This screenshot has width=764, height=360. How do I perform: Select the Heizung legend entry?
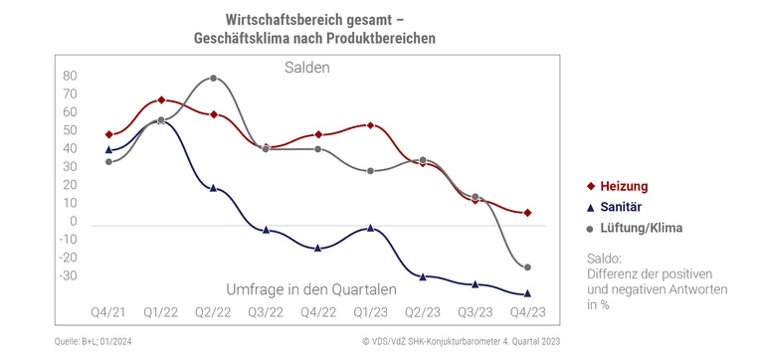(624, 186)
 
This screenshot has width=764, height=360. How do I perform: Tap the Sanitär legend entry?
(622, 207)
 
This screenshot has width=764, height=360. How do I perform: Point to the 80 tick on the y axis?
(42, 76)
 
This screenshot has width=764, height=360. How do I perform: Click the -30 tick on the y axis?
(40, 275)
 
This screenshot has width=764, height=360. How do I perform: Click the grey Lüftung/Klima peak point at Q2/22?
(213, 78)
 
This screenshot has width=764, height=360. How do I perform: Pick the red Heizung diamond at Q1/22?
(161, 100)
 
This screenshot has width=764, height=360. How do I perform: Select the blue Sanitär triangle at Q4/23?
(526, 293)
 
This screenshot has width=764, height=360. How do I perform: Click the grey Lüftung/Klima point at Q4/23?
(526, 268)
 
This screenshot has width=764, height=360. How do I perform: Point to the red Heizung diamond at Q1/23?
(370, 125)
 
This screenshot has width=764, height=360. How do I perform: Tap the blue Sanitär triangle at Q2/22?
(213, 187)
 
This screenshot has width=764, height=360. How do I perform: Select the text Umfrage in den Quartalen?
(311, 289)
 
